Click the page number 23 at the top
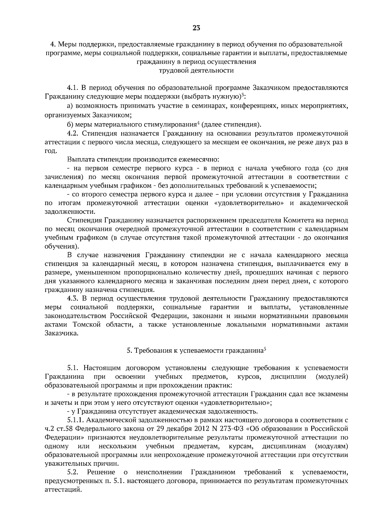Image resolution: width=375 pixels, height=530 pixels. (196, 28)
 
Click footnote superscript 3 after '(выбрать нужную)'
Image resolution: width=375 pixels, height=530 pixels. (243, 95)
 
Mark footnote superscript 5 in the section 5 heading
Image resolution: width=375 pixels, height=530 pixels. (265, 349)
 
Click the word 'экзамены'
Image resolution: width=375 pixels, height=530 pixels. (334, 394)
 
